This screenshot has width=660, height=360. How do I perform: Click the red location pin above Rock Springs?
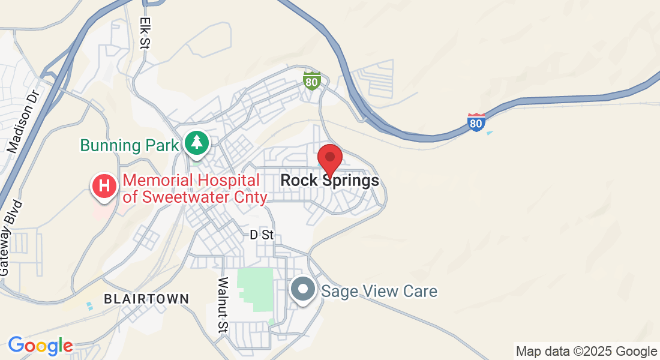pos(329,158)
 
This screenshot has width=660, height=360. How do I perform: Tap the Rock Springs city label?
pos(329,180)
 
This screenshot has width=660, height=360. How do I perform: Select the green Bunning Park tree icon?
pos(196,143)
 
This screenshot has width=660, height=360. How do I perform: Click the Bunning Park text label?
pos(130,145)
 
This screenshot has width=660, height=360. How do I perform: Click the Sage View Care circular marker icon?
pos(303,290)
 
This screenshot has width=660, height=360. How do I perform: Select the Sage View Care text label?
pos(379,292)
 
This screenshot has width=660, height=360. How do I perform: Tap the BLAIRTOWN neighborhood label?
pos(146,298)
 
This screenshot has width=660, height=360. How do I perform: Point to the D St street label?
pos(262,235)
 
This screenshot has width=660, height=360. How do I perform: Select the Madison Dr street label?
pos(22,122)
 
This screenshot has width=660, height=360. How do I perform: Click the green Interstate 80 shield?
pos(311,80)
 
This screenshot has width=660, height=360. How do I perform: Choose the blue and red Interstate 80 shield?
pos(476,122)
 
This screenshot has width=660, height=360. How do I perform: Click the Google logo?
pos(40,346)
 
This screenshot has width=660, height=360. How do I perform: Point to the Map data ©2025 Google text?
pos(586,352)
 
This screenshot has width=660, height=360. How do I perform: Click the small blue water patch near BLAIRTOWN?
pos(90,306)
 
